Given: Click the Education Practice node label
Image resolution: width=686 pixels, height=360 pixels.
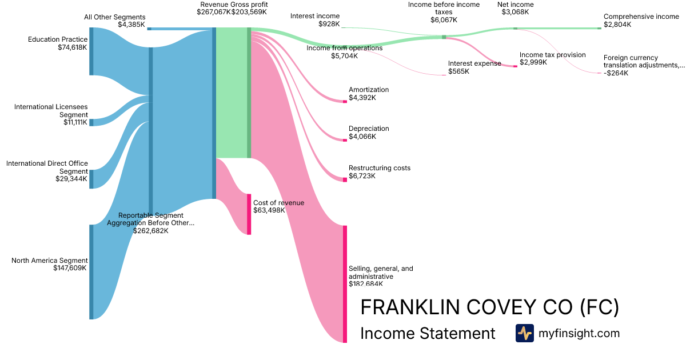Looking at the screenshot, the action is (58, 39).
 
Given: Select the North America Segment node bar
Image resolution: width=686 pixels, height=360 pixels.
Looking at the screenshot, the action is (91, 272).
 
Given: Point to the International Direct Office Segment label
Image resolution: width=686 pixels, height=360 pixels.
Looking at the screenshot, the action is (47, 167).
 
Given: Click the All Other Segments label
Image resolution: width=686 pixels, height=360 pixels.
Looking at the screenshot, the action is (114, 17).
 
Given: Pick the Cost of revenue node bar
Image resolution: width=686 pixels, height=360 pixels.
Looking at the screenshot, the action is (249, 214).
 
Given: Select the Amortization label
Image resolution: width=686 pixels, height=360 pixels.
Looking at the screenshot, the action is (369, 90).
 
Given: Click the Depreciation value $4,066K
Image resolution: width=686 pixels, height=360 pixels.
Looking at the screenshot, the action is (362, 137).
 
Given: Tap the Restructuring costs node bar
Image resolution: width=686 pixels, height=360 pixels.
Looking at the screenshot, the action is (345, 179).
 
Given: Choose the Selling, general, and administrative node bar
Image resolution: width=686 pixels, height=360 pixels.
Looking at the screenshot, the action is (345, 284).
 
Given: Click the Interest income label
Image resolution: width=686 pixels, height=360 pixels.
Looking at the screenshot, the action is (314, 16).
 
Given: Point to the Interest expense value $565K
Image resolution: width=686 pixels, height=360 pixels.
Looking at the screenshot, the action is (458, 71).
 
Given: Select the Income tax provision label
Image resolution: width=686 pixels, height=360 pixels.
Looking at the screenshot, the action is (552, 55).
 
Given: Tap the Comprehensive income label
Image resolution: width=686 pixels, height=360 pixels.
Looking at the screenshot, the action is (641, 17).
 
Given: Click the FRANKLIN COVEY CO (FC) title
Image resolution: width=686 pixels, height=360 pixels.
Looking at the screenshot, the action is (489, 307).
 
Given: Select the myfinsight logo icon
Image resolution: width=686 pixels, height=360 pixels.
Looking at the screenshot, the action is (524, 333).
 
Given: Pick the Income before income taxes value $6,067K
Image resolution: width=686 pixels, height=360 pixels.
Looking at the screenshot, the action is (443, 19).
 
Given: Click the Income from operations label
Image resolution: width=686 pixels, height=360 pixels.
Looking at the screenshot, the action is (344, 48).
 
